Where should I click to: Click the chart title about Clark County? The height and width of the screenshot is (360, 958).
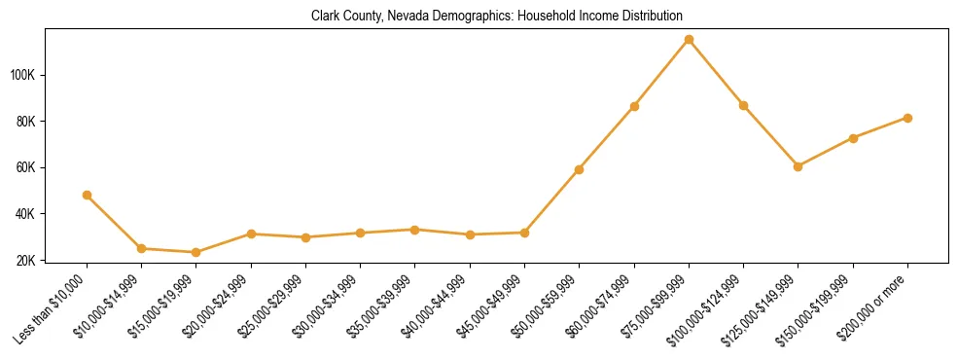tap(497, 17)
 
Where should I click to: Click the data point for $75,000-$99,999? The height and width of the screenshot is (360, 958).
tap(689, 40)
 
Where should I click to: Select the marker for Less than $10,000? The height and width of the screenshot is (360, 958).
tap(88, 195)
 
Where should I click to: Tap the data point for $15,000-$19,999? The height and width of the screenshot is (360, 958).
tap(196, 252)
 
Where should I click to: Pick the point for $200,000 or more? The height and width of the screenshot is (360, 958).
tap(907, 118)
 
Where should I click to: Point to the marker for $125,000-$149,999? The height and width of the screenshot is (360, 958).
tap(798, 166)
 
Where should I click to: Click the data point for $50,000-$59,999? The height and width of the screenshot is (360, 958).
tap(580, 169)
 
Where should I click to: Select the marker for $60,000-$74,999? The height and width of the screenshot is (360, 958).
tap(634, 106)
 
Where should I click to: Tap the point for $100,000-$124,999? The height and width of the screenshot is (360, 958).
tap(743, 105)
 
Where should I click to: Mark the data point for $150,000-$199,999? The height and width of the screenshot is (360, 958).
tap(853, 138)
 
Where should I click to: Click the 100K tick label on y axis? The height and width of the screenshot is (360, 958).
tap(23, 75)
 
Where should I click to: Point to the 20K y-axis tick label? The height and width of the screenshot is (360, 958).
tap(26, 260)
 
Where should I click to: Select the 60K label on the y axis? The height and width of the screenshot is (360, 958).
tap(26, 167)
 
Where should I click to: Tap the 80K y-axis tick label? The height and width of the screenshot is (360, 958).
tap(26, 122)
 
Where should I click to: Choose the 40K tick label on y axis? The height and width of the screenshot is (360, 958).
tap(26, 214)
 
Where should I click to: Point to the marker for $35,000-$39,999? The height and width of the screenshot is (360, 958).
tap(415, 230)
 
